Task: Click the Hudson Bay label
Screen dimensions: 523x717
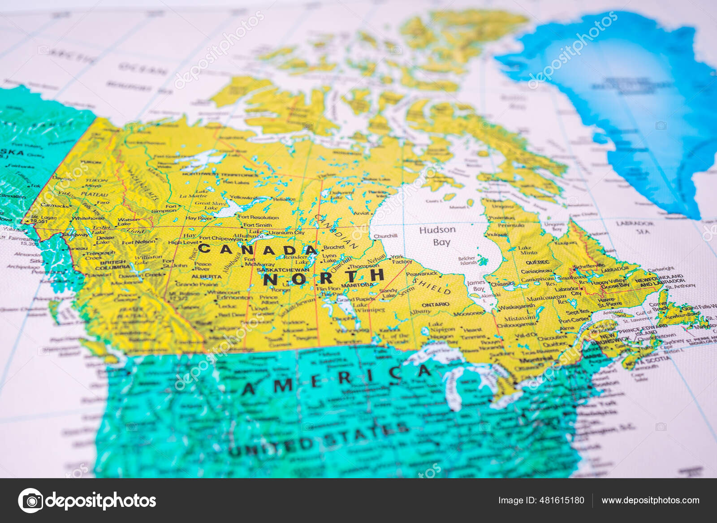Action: pyautogui.click(x=437, y=236)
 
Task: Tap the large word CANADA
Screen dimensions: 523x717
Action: pyautogui.click(x=258, y=249)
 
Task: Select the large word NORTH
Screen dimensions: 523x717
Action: pyautogui.click(x=324, y=277)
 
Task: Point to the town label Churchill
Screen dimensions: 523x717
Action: pyautogui.click(x=385, y=236)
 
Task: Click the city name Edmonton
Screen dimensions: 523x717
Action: pyautogui.click(x=234, y=297)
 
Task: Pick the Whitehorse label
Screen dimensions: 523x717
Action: pyautogui.click(x=88, y=218)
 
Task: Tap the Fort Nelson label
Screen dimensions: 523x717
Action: pyautogui.click(x=139, y=242)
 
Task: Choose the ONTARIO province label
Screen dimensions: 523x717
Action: pyautogui.click(x=435, y=304)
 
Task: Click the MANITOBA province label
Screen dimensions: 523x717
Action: pyautogui.click(x=357, y=285)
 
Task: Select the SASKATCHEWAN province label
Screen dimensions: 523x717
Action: pyautogui.click(x=283, y=270)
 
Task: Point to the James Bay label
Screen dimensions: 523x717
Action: pyautogui.click(x=475, y=285)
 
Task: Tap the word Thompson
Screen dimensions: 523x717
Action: pyautogui.click(x=364, y=266)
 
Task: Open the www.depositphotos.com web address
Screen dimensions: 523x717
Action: pyautogui.click(x=650, y=500)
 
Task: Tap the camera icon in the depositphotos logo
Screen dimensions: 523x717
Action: pyautogui.click(x=30, y=500)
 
